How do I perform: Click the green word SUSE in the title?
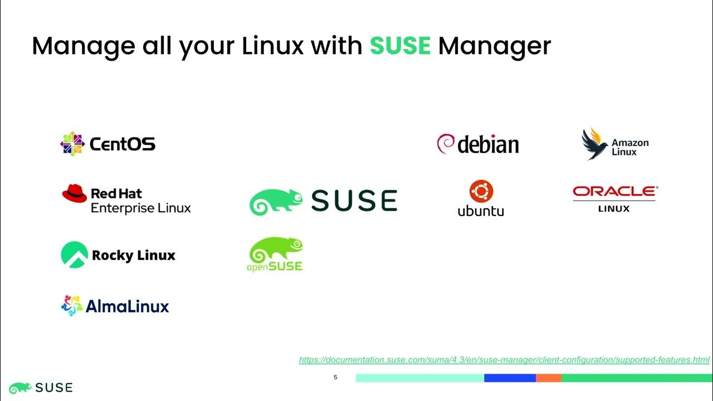400,46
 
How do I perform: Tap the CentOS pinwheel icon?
72,144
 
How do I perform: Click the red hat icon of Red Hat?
75,193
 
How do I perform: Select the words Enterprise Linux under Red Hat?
140,208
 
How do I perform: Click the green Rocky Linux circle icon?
74,255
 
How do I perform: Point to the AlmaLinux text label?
127,306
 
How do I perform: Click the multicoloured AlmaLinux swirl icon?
72,306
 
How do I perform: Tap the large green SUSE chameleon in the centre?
276,202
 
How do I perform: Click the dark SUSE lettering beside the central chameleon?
354,200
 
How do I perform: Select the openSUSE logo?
275,255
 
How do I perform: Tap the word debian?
489,144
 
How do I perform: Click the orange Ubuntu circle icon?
481,191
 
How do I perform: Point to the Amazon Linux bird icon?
594,144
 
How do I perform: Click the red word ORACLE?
614,192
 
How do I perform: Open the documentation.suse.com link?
504,360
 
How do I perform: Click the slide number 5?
335,378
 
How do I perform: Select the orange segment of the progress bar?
548,378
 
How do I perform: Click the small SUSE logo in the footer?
41,387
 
